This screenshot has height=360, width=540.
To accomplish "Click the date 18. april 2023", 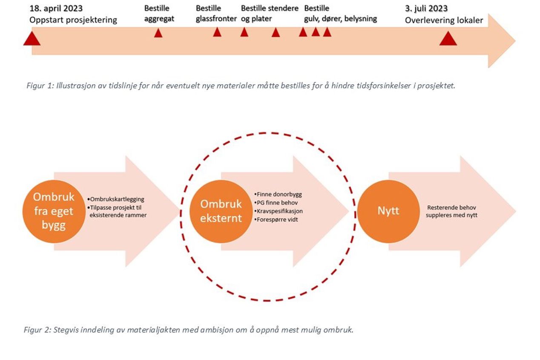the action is click(56, 9).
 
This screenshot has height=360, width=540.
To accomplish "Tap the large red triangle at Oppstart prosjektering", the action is click(32, 39).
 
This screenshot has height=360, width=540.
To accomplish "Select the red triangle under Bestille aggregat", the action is click(158, 33).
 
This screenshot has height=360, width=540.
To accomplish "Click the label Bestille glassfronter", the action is click(216, 14).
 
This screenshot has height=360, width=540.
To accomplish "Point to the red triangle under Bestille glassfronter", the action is click(217, 32).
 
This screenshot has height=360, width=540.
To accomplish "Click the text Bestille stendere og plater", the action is click(270, 14).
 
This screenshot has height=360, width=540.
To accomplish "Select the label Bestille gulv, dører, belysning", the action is click(340, 14).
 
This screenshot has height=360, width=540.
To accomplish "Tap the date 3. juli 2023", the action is click(426, 9).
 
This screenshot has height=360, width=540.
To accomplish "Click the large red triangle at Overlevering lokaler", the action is click(448, 39).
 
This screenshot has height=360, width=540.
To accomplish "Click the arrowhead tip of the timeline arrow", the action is click(515, 41).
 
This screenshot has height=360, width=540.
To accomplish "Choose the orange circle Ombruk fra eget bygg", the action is click(54, 211).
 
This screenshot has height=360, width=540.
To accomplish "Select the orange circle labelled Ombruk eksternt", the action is click(221, 211).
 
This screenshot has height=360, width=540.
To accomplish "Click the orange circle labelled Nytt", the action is click(388, 211).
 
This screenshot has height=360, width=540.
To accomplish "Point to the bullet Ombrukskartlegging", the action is click(116, 199).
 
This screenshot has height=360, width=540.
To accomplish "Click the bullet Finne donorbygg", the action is click(278, 194).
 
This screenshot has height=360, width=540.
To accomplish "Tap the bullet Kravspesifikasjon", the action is click(279, 211).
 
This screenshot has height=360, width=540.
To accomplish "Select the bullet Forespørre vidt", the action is click(276, 220).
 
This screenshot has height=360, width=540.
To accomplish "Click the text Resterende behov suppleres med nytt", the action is click(451, 211).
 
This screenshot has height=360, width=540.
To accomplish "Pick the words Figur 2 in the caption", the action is click(37, 330).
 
